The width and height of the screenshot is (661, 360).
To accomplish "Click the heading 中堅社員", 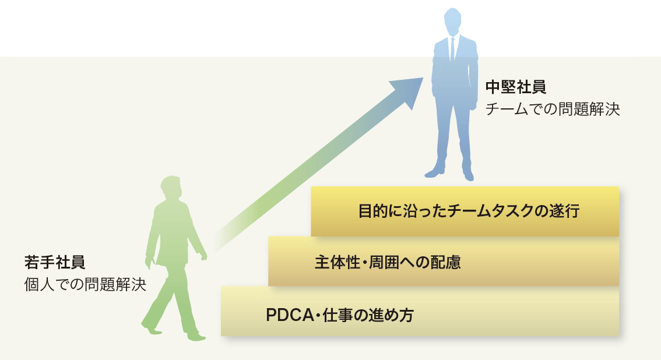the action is coord(515,87).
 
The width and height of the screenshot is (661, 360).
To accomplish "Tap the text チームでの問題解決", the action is coord(553,109).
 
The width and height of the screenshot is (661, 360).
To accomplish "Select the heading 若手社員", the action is coord(55,262).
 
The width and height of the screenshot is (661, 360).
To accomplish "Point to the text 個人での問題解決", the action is coord(85,285).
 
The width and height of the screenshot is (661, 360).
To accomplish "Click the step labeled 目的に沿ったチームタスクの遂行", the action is coord(465,211).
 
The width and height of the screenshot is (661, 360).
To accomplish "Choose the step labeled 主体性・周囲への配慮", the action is coord(444,261).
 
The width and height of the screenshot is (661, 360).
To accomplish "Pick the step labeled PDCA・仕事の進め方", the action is coord(420,311).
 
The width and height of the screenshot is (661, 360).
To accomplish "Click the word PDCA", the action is coord(290,315).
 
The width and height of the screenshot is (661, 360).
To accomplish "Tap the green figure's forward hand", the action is coord(203,255).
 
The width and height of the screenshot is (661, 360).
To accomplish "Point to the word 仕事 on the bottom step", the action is coord(337,315).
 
